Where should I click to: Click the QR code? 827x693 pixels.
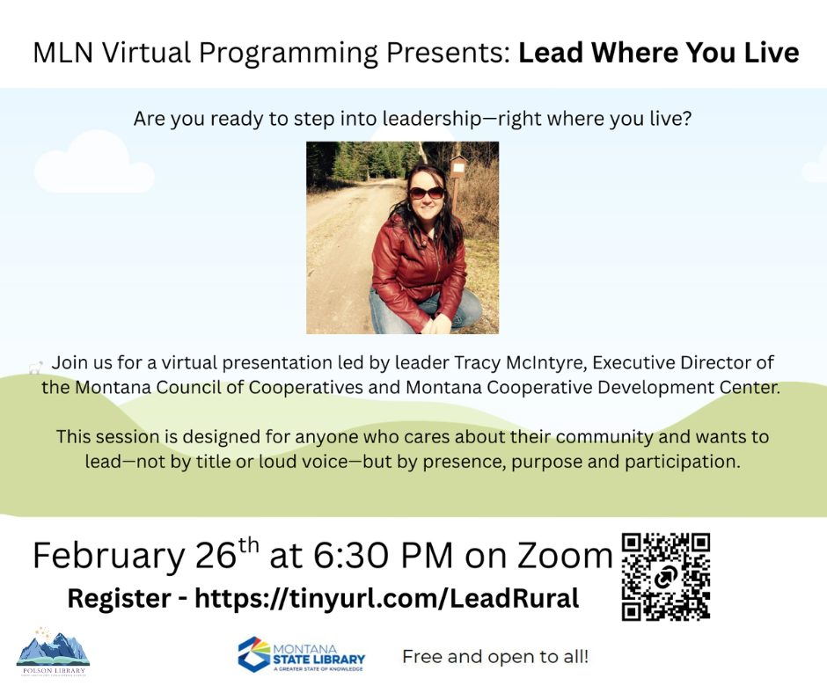[665, 577]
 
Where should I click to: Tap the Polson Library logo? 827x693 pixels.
[53, 649]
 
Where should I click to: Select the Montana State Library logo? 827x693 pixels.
[301, 654]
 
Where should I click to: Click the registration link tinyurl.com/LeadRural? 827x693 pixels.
[386, 599]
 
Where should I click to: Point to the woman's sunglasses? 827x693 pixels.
[427, 192]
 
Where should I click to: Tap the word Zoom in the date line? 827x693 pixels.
[563, 557]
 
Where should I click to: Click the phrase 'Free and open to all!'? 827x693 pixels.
[495, 656]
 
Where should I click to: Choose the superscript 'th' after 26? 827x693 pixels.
[250, 544]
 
